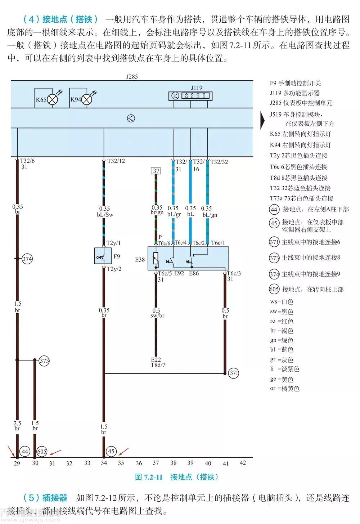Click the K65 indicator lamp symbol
pyautogui.click(x=53, y=99)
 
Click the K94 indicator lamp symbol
pyautogui.click(x=87, y=99)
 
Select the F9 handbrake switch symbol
pyautogui.click(x=103, y=256)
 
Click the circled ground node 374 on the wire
pyautogui.click(x=27, y=259)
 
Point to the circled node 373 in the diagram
pyautogui.click(x=44, y=360)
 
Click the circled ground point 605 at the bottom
pyautogui.click(x=42, y=451)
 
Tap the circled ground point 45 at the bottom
pyautogui.click(x=111, y=451)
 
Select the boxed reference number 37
pyautogui.click(x=156, y=171)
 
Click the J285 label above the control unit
pyautogui.click(x=132, y=77)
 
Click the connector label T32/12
pyautogui.click(x=116, y=161)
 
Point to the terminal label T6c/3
pyautogui.click(x=234, y=273)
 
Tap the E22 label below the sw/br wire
pyautogui.click(x=156, y=359)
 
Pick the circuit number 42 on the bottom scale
pyautogui.click(x=243, y=462)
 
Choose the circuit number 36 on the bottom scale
pyautogui.click(x=139, y=463)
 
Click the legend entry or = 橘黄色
pyautogui.click(x=284, y=389)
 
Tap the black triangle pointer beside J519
pyautogui.click(x=262, y=120)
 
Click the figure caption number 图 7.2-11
pyautogui.click(x=149, y=477)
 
